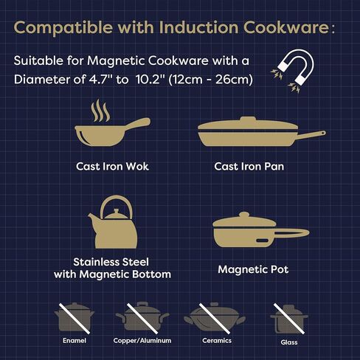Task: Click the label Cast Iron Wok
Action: [112, 166]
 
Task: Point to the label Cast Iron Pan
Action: [249, 166]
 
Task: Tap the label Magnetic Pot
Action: [253, 269]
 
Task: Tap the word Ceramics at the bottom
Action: [217, 341]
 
